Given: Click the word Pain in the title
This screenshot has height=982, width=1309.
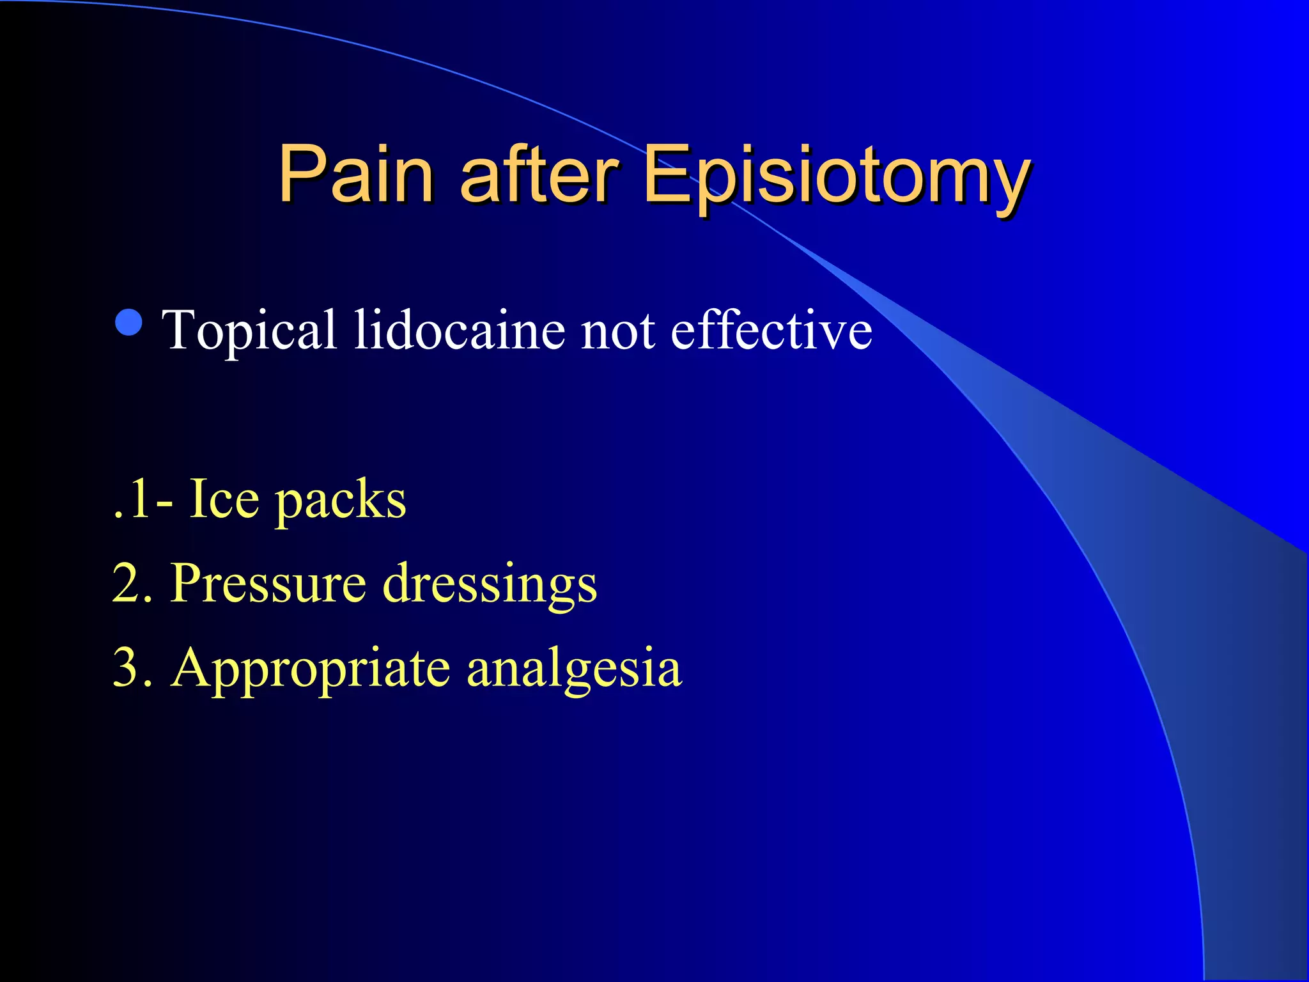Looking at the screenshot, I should pos(356,174).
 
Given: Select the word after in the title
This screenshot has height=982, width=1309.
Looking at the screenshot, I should pos(539,174).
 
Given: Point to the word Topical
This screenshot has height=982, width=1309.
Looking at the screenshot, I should pos(249,331).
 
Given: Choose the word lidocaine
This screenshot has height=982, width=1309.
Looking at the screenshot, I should pos(460,330).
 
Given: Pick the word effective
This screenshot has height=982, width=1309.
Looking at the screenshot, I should pos(771,330).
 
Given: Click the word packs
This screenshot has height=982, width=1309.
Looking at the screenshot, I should pos(341,502).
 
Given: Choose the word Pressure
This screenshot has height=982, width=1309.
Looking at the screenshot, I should pos(268,584).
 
